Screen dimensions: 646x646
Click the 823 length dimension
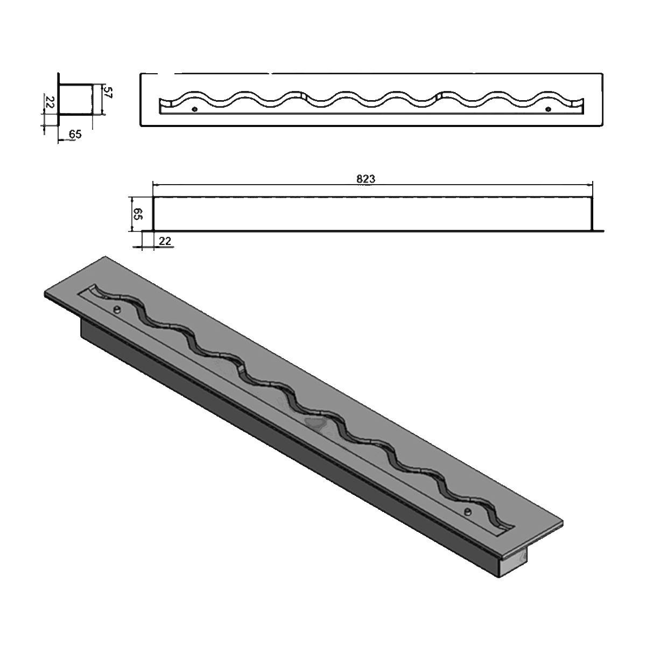point(365,179)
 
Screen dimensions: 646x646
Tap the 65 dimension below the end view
point(75,135)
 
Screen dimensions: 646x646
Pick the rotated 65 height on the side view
point(137,214)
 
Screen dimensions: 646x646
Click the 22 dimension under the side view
point(165,241)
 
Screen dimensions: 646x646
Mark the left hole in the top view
point(194,109)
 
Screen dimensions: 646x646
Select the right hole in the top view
point(548,109)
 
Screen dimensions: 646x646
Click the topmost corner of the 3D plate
point(105,257)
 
